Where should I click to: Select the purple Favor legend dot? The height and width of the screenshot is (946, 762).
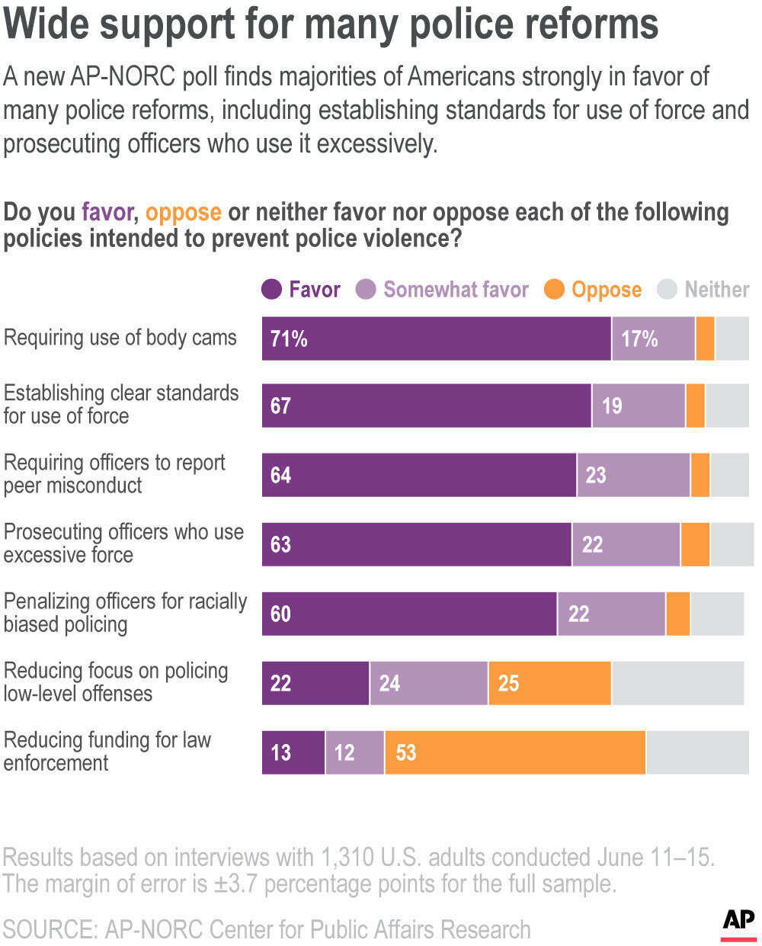[x=271, y=290]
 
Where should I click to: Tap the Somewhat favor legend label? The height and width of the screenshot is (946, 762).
[x=456, y=290]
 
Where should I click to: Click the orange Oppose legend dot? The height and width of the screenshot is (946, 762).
[x=554, y=290]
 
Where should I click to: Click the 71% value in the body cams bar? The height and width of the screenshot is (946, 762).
[x=289, y=338]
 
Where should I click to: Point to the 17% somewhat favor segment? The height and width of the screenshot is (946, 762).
[x=639, y=338]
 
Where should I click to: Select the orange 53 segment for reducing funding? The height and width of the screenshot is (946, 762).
[x=515, y=753]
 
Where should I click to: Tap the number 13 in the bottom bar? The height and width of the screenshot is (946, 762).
[x=280, y=753]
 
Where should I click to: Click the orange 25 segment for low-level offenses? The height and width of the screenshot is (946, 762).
[x=549, y=683]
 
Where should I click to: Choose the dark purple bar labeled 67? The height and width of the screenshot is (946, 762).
[x=427, y=406]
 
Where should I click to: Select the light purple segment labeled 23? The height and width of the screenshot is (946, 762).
[x=633, y=475]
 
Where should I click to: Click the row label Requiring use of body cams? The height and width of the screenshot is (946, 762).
[x=120, y=338]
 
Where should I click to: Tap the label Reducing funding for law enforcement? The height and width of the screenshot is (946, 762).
[x=107, y=751]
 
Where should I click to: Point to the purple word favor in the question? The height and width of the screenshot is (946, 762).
[x=107, y=212]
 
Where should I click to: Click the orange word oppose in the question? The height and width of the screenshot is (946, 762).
[x=183, y=212]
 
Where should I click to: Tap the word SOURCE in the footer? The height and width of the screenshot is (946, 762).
[x=50, y=929]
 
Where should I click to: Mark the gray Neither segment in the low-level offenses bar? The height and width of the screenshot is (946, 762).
[x=677, y=683]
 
